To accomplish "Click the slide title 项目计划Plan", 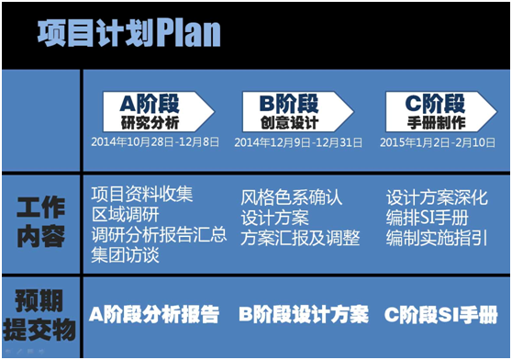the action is (128, 34).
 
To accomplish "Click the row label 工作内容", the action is (41, 221).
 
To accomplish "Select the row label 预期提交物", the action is (41, 315).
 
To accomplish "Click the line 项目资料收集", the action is (142, 195).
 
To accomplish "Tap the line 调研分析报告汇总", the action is (159, 234).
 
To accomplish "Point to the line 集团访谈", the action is (126, 254).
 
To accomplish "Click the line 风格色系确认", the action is (291, 197).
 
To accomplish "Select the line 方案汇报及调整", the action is (299, 238).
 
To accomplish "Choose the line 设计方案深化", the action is (437, 197).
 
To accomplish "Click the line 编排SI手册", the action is (427, 218).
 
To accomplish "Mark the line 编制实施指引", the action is (437, 238).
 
